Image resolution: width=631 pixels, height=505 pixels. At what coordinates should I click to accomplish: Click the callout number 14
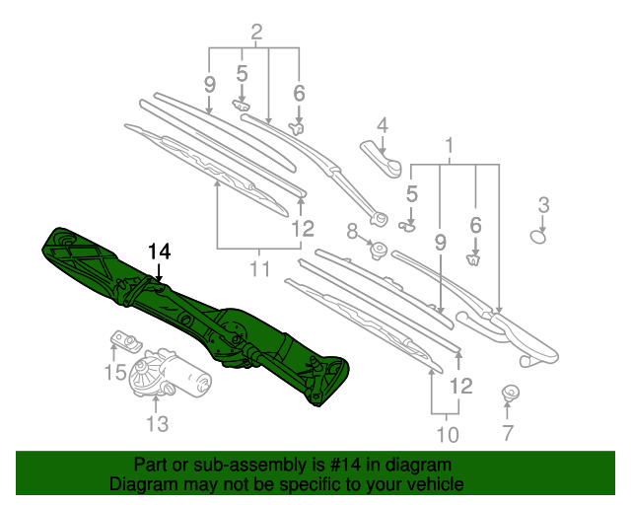[160, 252]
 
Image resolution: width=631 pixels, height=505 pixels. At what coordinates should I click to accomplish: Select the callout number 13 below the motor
[159, 424]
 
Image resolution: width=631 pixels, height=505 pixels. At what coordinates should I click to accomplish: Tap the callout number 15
[115, 372]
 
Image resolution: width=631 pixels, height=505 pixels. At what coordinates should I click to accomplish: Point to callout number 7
[508, 432]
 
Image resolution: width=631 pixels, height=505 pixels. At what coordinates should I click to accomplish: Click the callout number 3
[542, 205]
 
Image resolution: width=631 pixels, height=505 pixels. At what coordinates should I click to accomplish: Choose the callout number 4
[382, 125]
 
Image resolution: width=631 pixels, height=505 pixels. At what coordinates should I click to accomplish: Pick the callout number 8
[353, 232]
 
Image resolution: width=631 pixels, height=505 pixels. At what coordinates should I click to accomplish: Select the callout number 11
[258, 267]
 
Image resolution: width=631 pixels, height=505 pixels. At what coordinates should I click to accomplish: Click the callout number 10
[448, 434]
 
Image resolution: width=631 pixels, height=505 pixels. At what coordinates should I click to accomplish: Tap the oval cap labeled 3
[539, 236]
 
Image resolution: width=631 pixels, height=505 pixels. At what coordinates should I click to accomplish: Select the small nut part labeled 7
[510, 393]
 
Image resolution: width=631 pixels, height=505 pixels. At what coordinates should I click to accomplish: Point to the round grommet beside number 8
[377, 247]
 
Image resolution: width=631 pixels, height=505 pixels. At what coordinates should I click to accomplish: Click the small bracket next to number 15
[123, 341]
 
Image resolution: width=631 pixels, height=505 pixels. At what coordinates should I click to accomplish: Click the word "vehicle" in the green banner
[433, 484]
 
